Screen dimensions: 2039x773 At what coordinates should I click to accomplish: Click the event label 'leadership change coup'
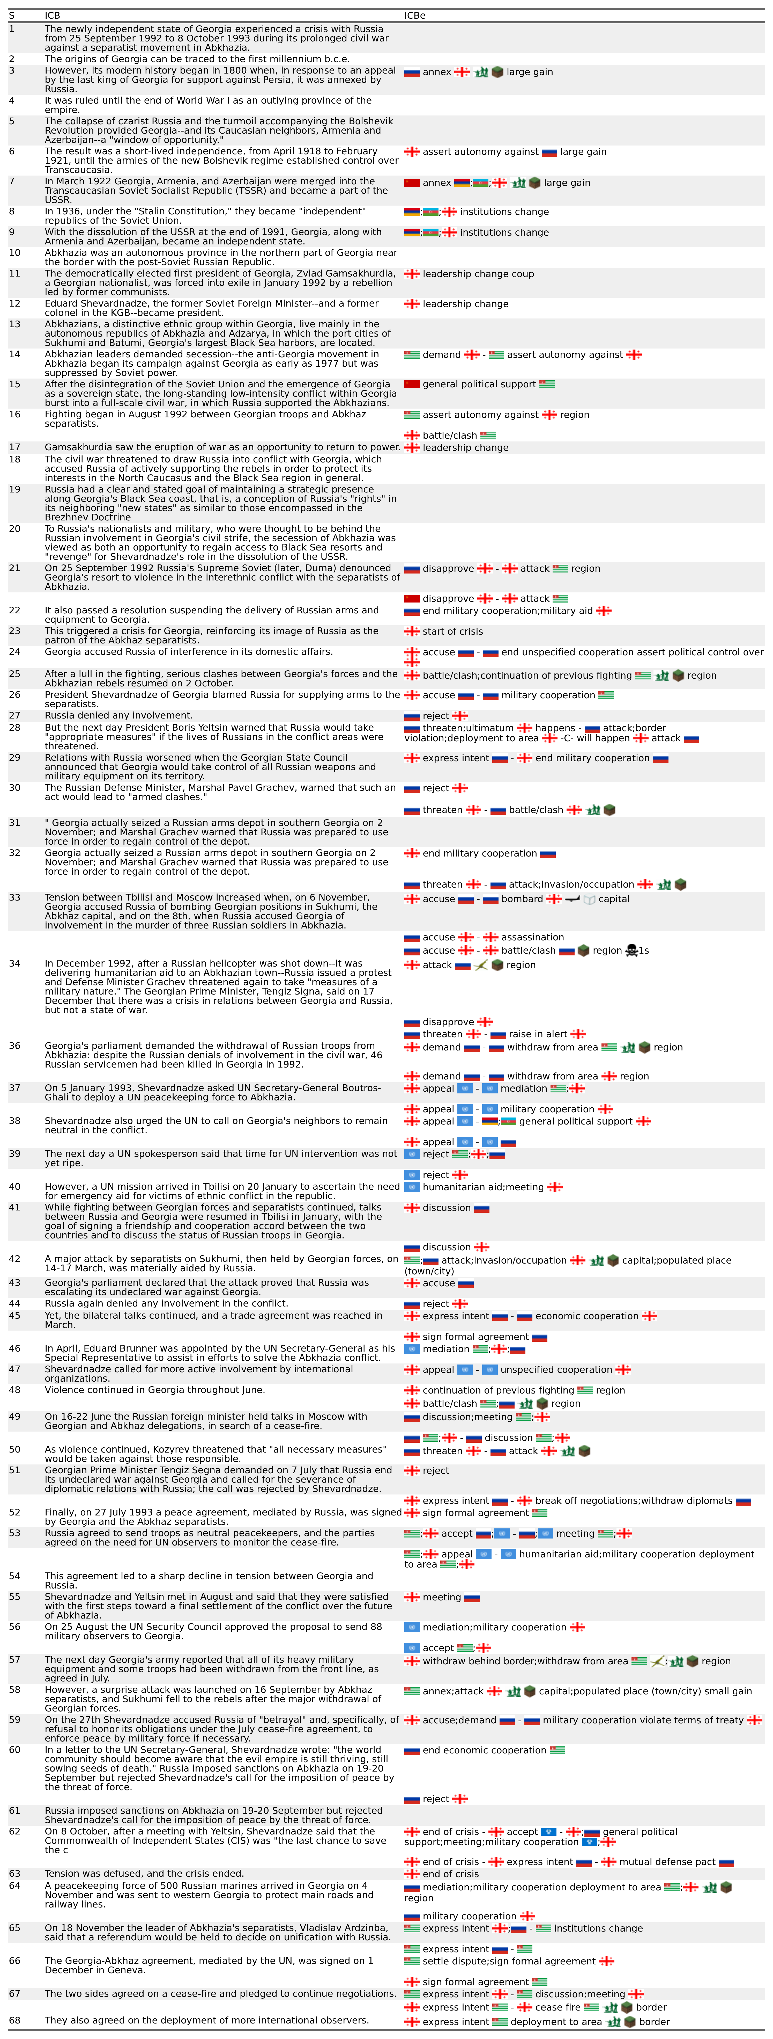[x=478, y=274]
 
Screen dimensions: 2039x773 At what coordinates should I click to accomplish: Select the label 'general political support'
[x=479, y=385]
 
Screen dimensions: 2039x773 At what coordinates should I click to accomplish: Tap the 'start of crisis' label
[x=452, y=632]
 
